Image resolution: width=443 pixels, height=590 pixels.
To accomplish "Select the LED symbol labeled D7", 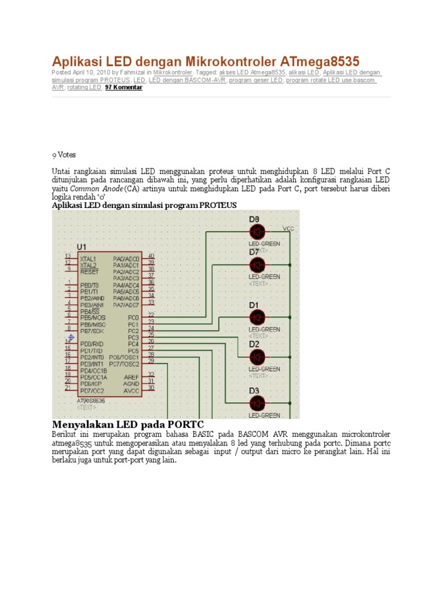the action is tap(257, 265).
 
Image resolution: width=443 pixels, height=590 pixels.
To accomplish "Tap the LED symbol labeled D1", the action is tap(257, 317).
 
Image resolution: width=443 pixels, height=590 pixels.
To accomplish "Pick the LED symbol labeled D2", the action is tap(257, 357).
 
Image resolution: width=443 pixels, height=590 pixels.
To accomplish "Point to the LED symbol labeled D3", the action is tap(257, 403).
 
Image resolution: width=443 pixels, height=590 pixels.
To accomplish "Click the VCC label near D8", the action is tap(288, 229).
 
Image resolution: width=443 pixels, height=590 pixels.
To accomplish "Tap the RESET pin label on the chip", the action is tap(89, 271).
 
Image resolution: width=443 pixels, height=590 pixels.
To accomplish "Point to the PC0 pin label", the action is tap(133, 317).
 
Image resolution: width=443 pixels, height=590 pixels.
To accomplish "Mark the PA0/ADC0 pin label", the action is tap(126, 259).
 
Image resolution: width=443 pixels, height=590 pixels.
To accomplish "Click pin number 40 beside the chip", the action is tap(151, 256).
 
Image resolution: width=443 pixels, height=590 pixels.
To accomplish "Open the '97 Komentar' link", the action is tap(123, 88).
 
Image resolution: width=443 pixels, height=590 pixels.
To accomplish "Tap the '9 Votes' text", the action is tap(63, 155).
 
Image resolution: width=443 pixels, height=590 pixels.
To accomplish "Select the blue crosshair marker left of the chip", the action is tap(70, 337).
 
